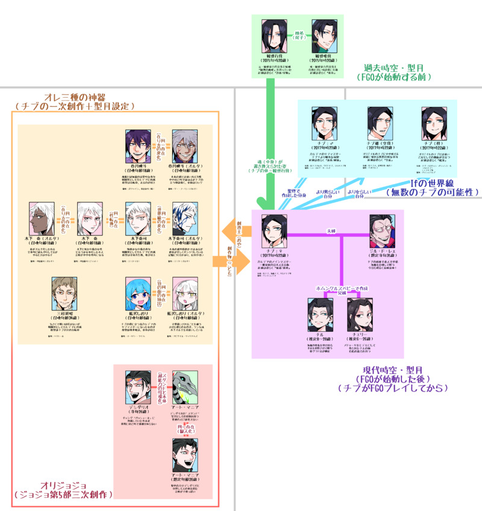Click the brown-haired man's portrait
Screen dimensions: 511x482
click(x=66, y=293)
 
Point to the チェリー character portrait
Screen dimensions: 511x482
click(x=360, y=314)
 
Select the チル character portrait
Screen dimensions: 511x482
click(x=319, y=314)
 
